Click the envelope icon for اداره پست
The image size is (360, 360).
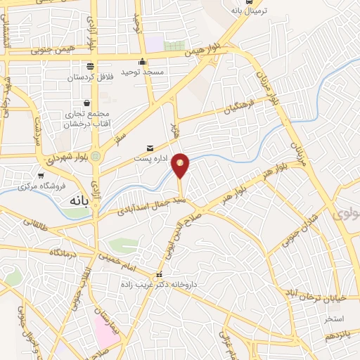tap(150, 148)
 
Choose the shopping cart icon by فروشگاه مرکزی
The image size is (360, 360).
tap(41, 176)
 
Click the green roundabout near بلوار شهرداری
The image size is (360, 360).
tap(96, 156)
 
